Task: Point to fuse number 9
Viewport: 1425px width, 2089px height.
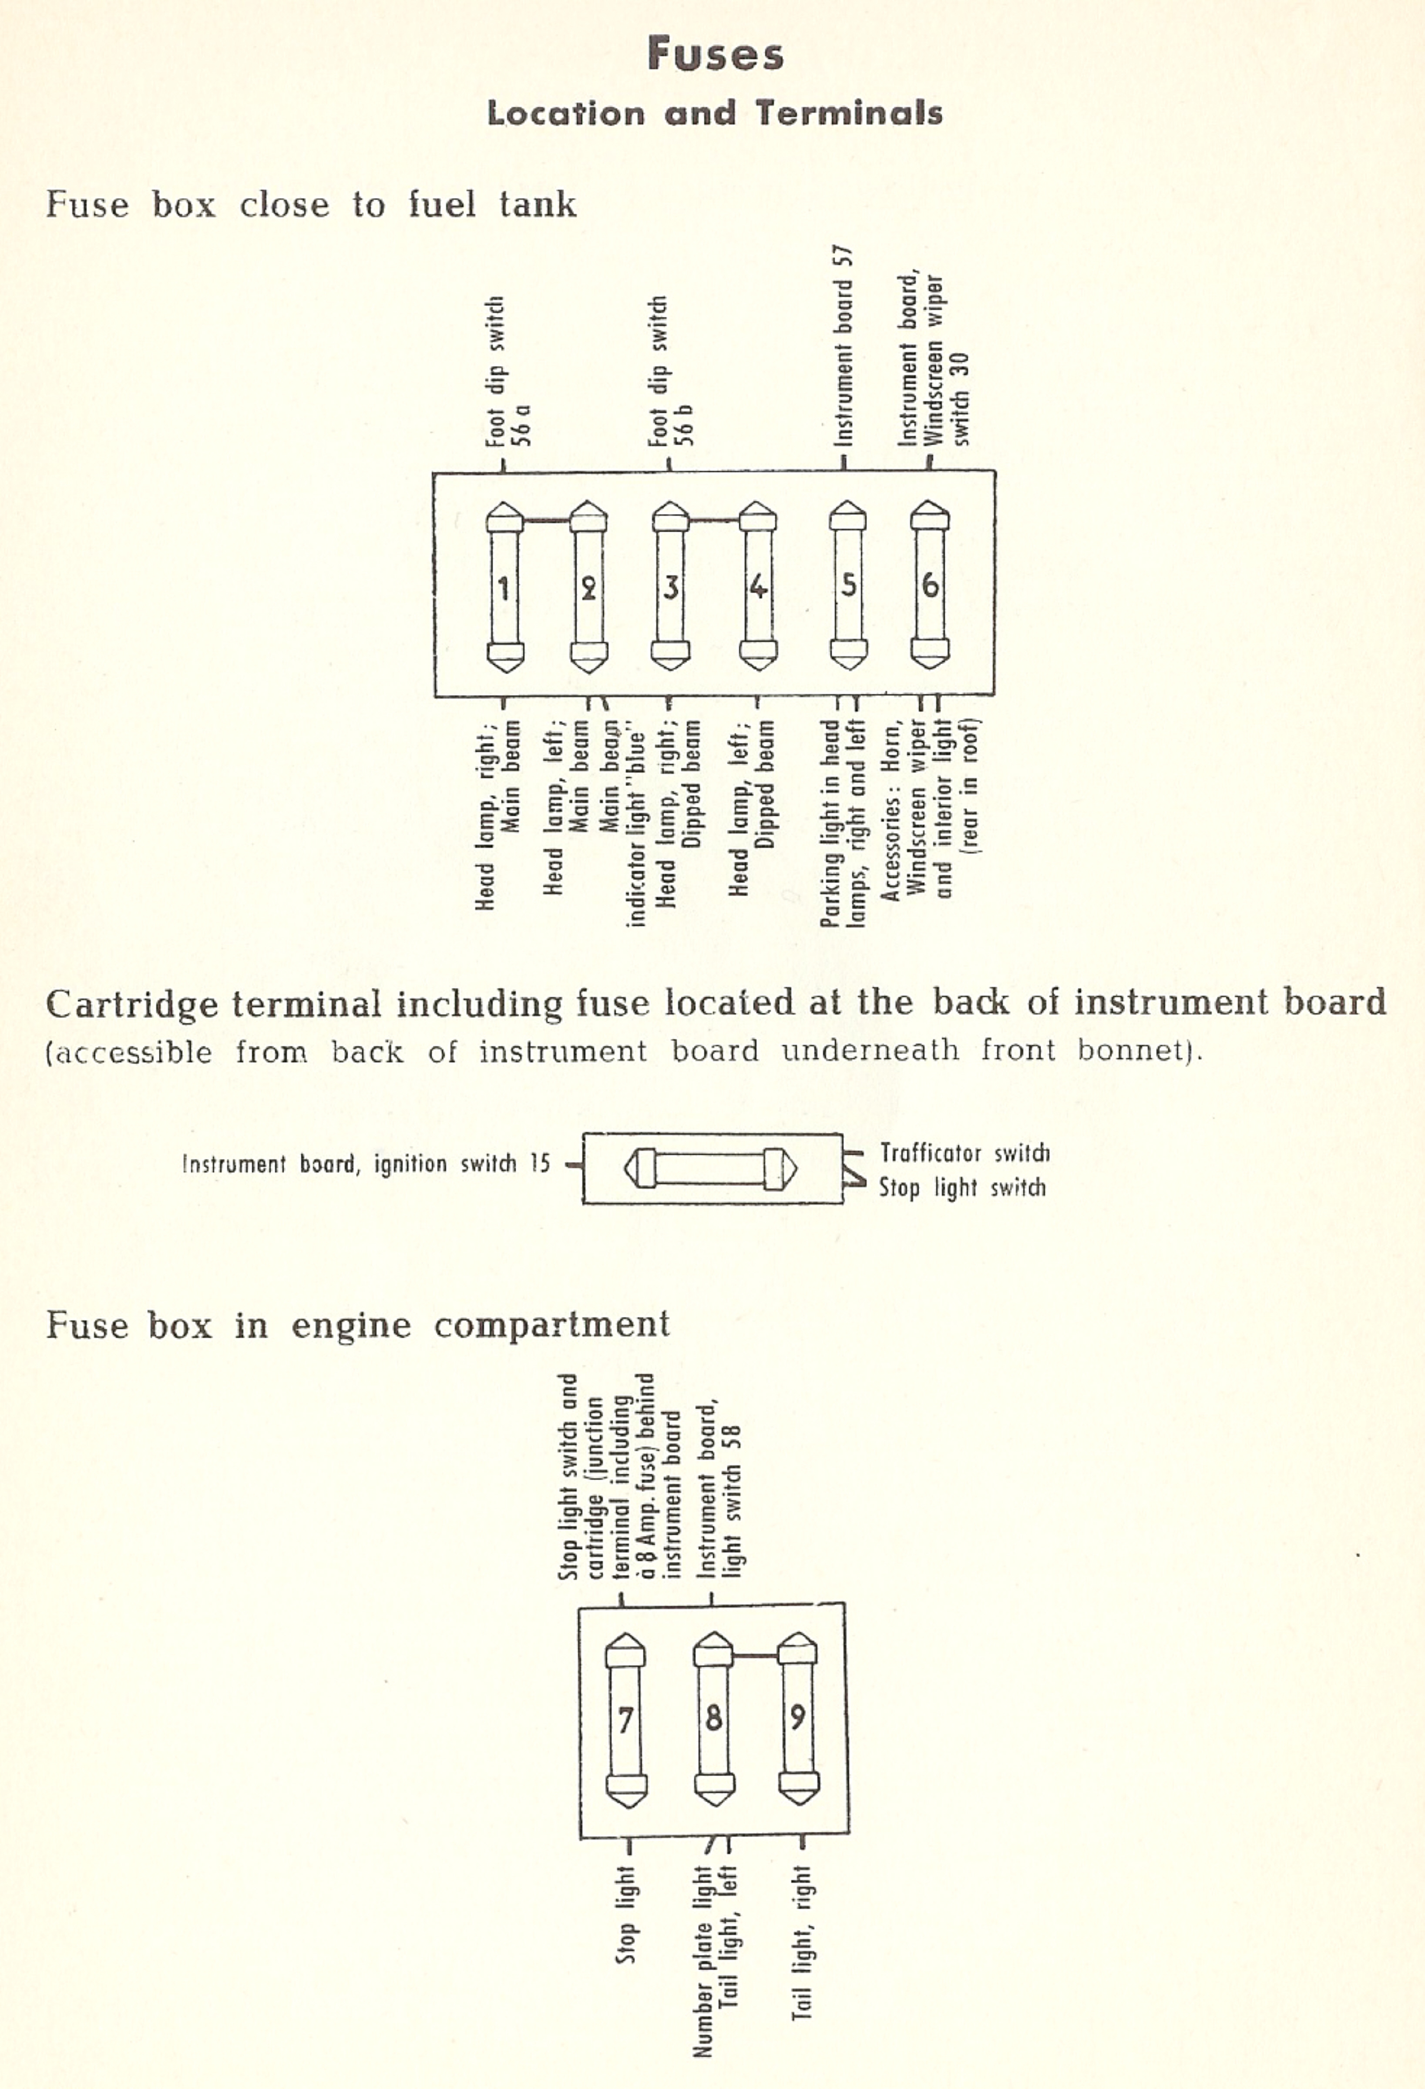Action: point(797,1718)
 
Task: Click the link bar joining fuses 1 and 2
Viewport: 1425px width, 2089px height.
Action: point(547,519)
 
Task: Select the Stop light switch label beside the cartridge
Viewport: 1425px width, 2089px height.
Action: point(962,1187)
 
